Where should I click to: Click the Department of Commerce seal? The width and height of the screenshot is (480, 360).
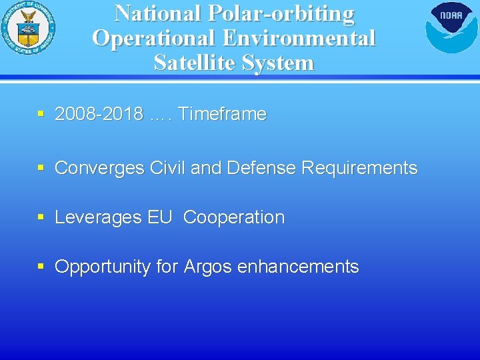coord(28,28)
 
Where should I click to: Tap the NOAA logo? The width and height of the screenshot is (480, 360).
coord(451,27)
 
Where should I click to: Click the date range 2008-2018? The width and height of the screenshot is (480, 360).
coord(99,115)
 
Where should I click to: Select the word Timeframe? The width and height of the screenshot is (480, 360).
coord(222,115)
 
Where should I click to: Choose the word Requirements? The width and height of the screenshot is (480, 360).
coord(359,168)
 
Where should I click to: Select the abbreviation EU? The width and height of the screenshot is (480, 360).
coord(160,217)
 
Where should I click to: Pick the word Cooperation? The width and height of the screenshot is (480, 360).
coord(234,218)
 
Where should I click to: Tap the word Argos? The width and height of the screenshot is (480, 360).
coord(208,267)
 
